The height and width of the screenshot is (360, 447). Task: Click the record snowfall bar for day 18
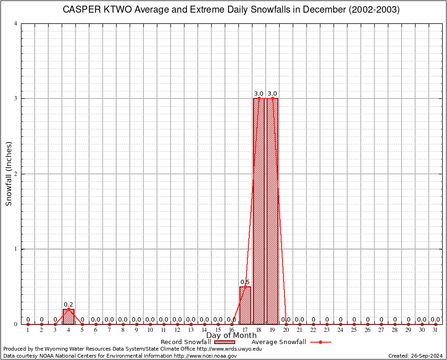pos(259,211)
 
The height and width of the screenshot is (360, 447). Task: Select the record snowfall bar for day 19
pos(272,211)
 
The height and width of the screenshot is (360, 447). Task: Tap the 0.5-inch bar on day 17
pos(245,305)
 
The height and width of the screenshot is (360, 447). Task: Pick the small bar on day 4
pos(68,316)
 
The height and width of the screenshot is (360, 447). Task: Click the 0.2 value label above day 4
pos(68,305)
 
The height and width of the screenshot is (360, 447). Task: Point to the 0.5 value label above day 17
pos(245,282)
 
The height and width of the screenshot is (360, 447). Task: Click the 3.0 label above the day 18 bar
pos(259,94)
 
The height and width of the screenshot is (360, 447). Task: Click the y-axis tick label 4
pos(16,23)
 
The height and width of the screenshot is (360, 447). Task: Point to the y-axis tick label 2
pos(16,174)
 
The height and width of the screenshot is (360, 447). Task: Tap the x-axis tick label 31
pos(435,330)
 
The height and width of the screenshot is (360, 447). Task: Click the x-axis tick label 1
pos(28,330)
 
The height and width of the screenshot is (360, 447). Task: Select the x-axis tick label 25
pos(354,330)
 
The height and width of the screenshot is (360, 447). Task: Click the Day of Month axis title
pos(231,336)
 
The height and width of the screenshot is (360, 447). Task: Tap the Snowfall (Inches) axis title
pos(8,174)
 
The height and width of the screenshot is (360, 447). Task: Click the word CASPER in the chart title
pos(80,10)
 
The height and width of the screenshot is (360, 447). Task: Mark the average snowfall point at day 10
pos(150,324)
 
